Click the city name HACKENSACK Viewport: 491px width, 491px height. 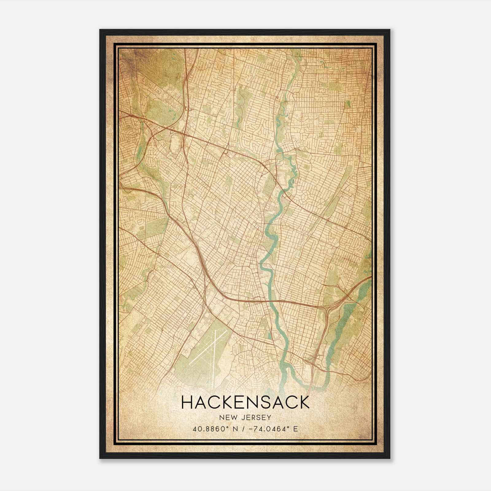(x=245, y=402)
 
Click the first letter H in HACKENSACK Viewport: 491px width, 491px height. (x=187, y=402)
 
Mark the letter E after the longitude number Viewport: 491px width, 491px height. (x=296, y=429)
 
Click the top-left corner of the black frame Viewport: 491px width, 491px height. (x=100, y=30)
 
